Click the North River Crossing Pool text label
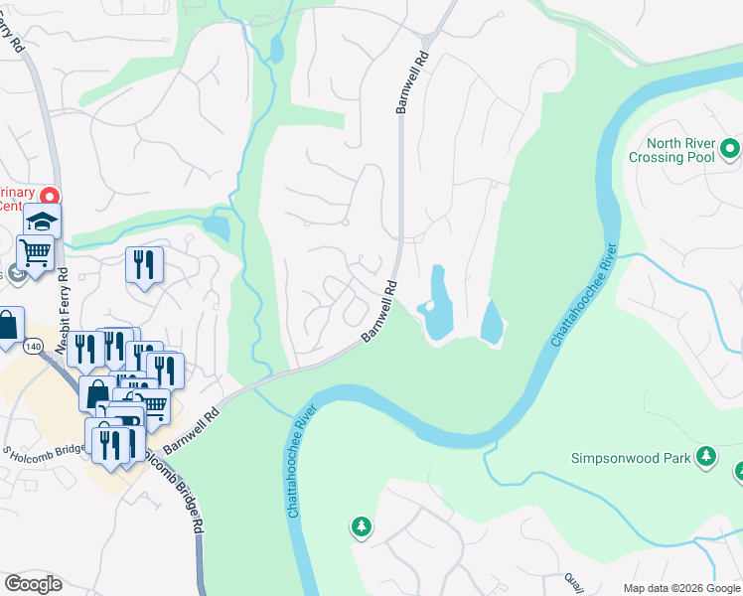click(x=671, y=150)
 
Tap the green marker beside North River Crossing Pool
click(x=731, y=150)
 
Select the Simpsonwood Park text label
click(x=631, y=458)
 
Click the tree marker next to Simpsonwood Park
click(x=705, y=456)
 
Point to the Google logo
click(x=33, y=584)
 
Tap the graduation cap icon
click(x=43, y=220)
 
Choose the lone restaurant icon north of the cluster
click(x=145, y=264)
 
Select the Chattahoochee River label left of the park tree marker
click(x=303, y=460)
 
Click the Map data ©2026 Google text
click(x=680, y=588)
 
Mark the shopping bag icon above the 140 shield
click(x=8, y=325)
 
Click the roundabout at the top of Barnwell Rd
click(x=427, y=40)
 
